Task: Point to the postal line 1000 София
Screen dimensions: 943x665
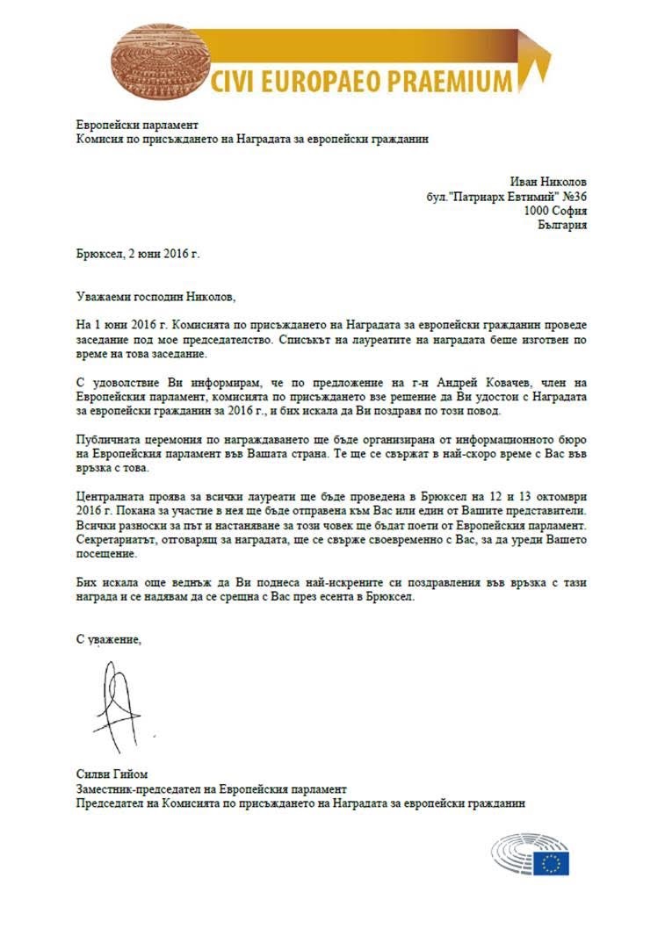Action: [x=555, y=211]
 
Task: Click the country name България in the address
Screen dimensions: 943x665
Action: [x=563, y=225]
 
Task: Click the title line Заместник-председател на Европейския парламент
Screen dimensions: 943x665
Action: [x=212, y=789]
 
